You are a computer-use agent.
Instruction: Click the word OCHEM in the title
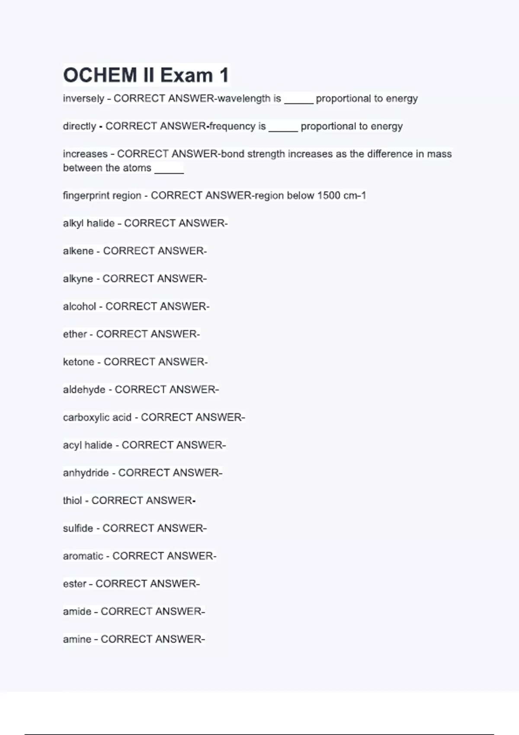coord(100,75)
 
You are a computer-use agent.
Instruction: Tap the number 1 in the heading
coord(224,75)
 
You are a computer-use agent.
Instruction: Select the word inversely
coord(83,99)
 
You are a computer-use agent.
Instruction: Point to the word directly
coord(80,126)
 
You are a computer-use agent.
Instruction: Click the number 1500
coord(329,195)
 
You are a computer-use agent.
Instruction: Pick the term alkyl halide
coord(89,224)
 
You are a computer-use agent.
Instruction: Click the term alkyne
coord(78,279)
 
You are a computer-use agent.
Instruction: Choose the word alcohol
coord(80,307)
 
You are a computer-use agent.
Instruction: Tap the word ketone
coord(78,362)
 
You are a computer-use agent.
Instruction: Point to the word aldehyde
coord(84,390)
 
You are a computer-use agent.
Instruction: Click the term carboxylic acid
coord(97,418)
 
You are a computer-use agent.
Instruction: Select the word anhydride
coord(86,473)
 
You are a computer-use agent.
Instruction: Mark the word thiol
coord(72,501)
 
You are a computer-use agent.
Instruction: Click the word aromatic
coord(83,556)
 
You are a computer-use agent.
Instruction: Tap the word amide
coord(77,611)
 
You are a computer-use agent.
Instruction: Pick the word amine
coord(77,639)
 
